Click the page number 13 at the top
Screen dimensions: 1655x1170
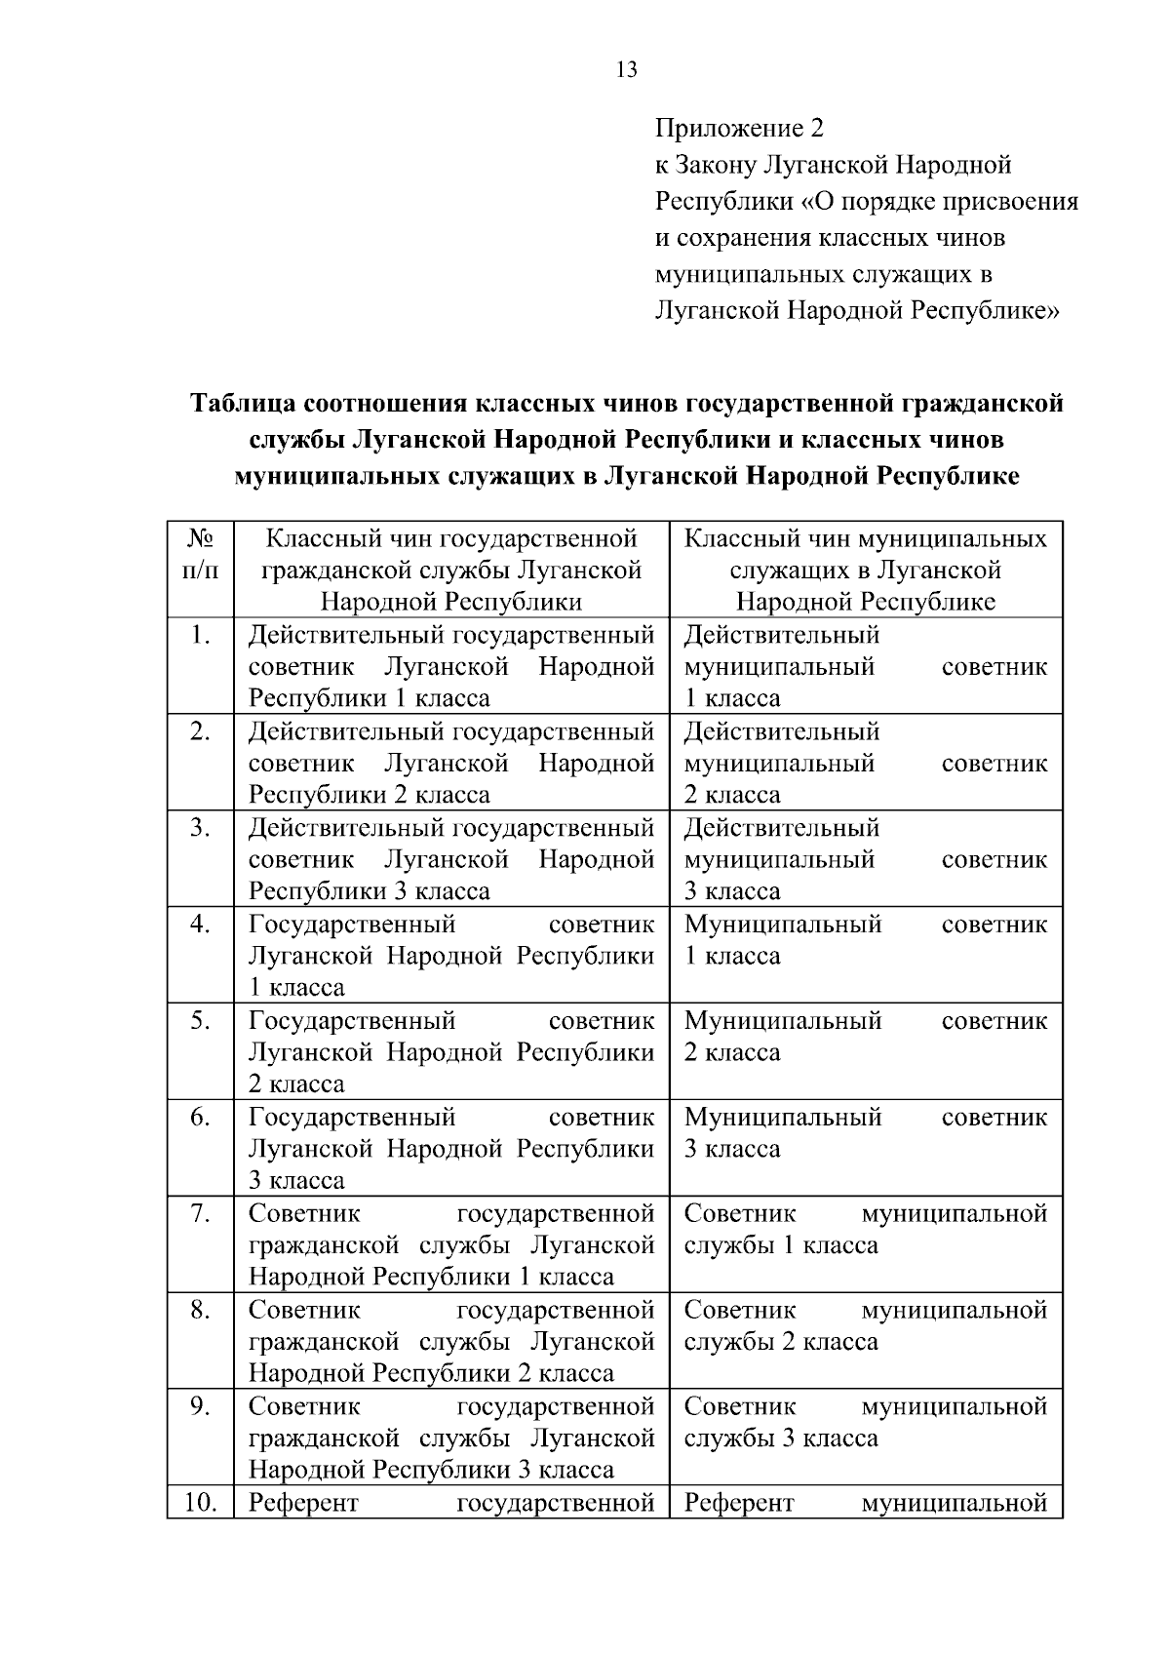pyautogui.click(x=627, y=69)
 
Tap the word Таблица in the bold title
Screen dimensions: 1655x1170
pyautogui.click(x=243, y=404)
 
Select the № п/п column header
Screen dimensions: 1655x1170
pyautogui.click(x=200, y=553)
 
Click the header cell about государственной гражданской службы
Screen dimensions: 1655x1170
pyautogui.click(x=451, y=570)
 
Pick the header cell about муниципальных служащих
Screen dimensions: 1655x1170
pyautogui.click(x=865, y=570)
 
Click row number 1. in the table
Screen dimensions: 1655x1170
pyautogui.click(x=200, y=636)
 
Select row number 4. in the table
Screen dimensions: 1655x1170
pyautogui.click(x=200, y=925)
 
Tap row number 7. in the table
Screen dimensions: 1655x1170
pyautogui.click(x=200, y=1214)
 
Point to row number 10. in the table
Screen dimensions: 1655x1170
pyautogui.click(x=200, y=1503)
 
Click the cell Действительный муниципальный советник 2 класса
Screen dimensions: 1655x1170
pyautogui.click(x=865, y=763)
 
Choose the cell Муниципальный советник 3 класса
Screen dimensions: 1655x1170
pyautogui.click(x=865, y=1133)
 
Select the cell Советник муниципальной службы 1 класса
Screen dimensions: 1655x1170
pyautogui.click(x=865, y=1229)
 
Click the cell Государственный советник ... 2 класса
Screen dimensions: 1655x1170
pyautogui.click(x=451, y=1052)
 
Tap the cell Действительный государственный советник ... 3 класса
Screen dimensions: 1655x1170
pyautogui.click(x=451, y=859)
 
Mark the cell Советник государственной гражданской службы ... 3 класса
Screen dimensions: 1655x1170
pyautogui.click(x=451, y=1438)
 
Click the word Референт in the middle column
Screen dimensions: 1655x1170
pyautogui.click(x=303, y=1503)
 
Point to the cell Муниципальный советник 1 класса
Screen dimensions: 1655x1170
pyautogui.click(x=865, y=940)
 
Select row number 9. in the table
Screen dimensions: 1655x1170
pyautogui.click(x=200, y=1406)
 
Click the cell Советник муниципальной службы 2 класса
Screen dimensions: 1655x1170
pyautogui.click(x=865, y=1325)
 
